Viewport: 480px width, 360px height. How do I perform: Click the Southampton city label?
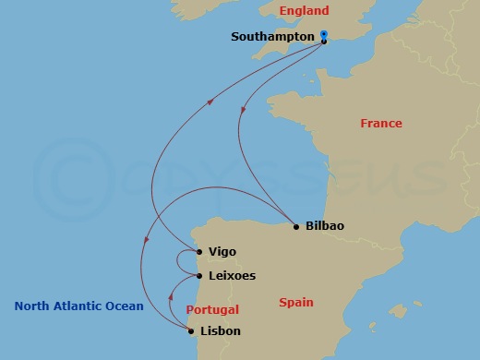272,38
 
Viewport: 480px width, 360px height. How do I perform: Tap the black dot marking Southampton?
324,42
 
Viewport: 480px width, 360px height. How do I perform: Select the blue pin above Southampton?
324,35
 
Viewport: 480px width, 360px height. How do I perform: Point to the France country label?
380,123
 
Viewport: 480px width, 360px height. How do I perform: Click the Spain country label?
295,302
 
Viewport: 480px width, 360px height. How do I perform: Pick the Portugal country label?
212,310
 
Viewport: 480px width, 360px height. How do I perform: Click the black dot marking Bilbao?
295,226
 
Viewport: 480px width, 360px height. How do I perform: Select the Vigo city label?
222,251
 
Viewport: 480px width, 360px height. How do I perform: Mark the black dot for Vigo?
199,251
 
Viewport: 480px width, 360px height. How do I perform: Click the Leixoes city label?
232,275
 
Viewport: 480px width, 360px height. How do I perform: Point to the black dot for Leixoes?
199,275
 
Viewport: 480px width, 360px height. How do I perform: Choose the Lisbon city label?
221,330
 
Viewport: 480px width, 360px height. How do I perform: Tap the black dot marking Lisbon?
191,330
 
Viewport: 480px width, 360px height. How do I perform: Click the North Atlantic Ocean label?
78,306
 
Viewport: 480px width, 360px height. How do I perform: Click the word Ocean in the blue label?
126,306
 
